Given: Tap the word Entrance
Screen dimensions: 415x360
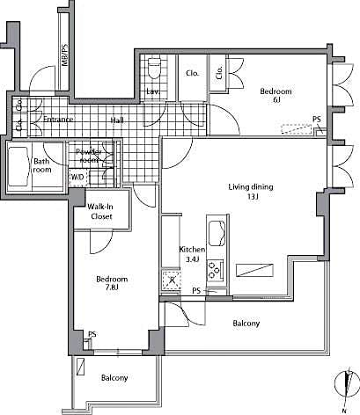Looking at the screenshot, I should [x=52, y=120].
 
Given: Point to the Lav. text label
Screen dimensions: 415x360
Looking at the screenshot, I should [x=152, y=91].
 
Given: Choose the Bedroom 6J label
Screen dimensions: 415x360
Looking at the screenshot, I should [x=276, y=96].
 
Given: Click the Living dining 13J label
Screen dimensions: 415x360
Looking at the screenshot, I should [x=251, y=192].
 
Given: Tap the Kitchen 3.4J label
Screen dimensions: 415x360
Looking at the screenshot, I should [x=192, y=254].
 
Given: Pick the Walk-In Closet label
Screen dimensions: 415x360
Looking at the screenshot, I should [x=101, y=212].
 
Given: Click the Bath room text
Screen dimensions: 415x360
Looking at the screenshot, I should [x=42, y=166].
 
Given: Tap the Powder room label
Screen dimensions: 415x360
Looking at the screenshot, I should [x=92, y=157].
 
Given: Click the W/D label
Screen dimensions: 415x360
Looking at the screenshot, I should [x=77, y=177].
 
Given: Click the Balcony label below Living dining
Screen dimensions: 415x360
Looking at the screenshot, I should [x=246, y=324].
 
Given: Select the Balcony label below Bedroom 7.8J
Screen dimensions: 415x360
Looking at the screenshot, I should [x=114, y=378].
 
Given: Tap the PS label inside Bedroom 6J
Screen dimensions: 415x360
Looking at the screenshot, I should [x=316, y=120].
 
